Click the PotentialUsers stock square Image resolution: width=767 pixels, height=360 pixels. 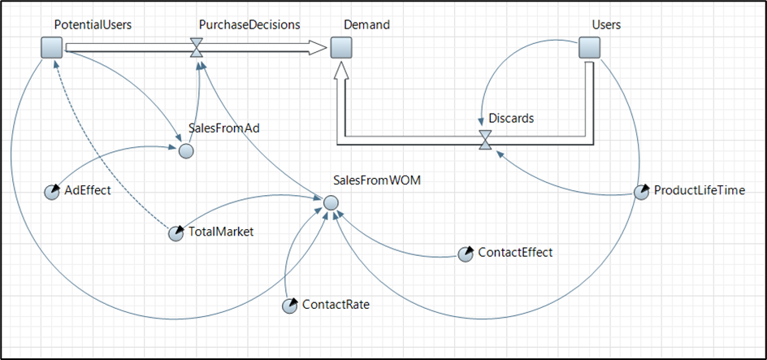coord(52,49)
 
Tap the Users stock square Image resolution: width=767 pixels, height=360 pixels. coord(589,49)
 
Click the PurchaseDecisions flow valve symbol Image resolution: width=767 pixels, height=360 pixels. coord(196,49)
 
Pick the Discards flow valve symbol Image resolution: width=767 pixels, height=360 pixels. coord(485,140)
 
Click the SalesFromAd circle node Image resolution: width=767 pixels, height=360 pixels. coord(186,150)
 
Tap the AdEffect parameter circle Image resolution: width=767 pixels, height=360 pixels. coord(50,192)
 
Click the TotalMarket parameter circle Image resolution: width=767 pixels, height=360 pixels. coord(175,233)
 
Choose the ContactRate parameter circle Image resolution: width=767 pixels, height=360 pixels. coord(289,306)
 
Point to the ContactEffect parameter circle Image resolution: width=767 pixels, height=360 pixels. coord(465,254)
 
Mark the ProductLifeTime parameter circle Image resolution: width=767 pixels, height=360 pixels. coord(641,193)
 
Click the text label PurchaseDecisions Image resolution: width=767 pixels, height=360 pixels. coord(249,25)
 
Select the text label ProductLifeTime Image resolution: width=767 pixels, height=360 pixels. coord(699,191)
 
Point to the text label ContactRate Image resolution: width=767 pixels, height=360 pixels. coord(336,305)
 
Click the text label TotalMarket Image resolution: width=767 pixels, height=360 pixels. coord(221,232)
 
